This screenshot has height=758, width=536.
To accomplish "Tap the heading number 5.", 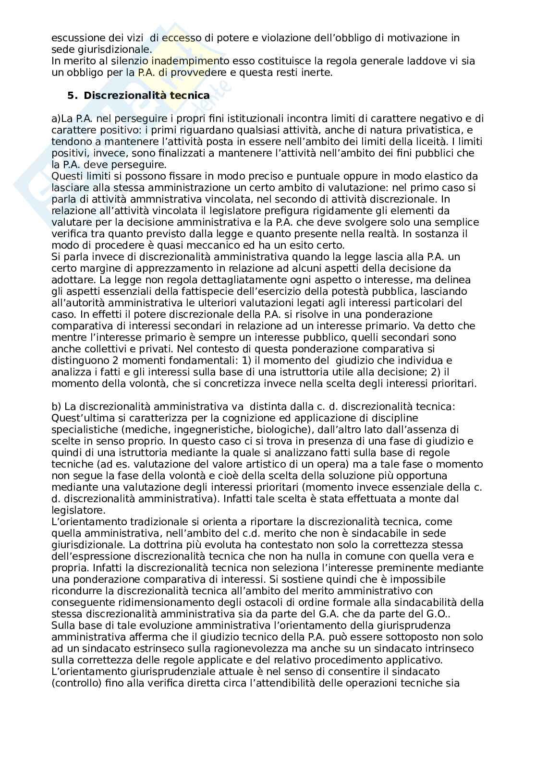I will click(x=72, y=96).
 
